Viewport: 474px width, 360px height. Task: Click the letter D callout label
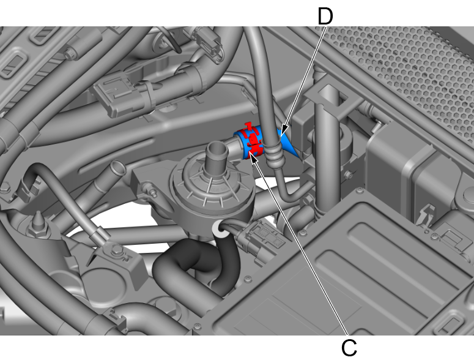click(x=325, y=17)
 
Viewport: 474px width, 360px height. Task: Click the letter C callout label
click(x=349, y=348)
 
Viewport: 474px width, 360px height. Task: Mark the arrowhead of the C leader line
click(x=253, y=156)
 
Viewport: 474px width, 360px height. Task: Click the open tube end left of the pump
click(x=118, y=168)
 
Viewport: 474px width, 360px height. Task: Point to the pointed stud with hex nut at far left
click(x=39, y=224)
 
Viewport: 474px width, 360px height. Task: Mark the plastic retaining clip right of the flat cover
click(x=426, y=214)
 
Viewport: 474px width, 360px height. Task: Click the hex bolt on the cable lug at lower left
click(x=117, y=250)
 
